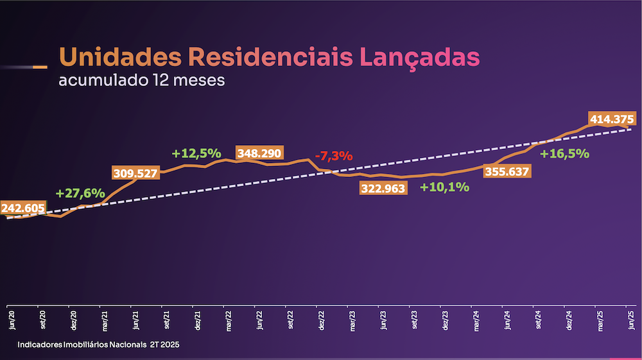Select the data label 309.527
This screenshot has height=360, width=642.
pos(135,173)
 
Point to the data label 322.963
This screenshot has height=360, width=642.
pos(383,189)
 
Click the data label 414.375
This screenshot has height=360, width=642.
pos(611,119)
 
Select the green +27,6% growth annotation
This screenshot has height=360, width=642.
pos(80,193)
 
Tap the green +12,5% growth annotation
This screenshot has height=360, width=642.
pos(196,153)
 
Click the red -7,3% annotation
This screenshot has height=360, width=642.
pos(334,156)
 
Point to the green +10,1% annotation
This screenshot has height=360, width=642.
pos(444,187)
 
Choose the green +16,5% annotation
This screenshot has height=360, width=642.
pos(564,154)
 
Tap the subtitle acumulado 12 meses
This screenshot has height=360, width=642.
pos(142,81)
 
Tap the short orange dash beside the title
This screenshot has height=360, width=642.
pos(39,67)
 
